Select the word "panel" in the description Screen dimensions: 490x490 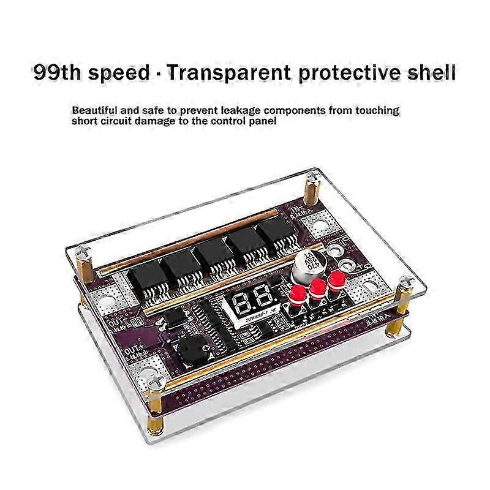tap(264, 122)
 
